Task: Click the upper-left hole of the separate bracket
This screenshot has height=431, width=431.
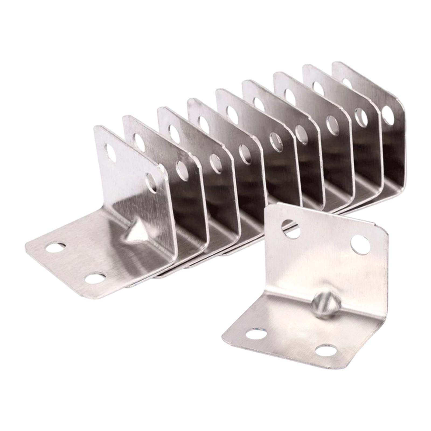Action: (x=291, y=229)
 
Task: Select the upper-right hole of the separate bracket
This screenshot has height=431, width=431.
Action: (x=360, y=245)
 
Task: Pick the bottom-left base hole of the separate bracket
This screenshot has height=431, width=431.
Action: (x=256, y=335)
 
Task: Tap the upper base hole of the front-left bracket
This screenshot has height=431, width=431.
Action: (x=55, y=247)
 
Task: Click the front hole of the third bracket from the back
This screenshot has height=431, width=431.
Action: (x=332, y=124)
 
